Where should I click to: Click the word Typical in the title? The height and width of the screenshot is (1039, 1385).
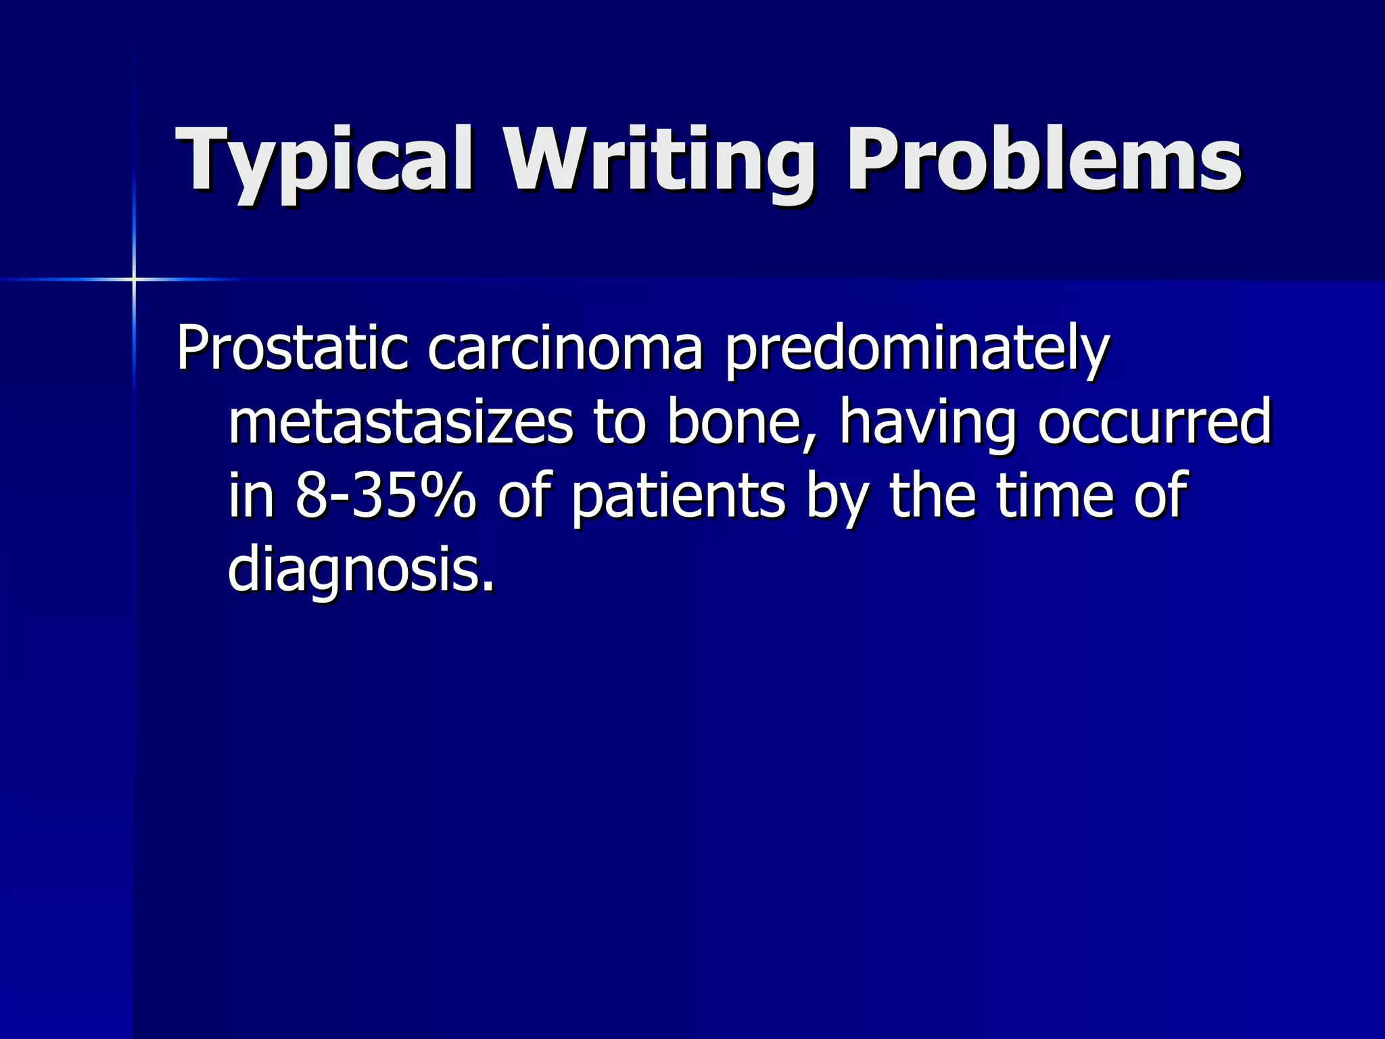(324, 162)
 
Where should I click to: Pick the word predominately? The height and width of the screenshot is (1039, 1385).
(917, 350)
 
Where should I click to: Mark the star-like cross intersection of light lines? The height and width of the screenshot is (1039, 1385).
(134, 279)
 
